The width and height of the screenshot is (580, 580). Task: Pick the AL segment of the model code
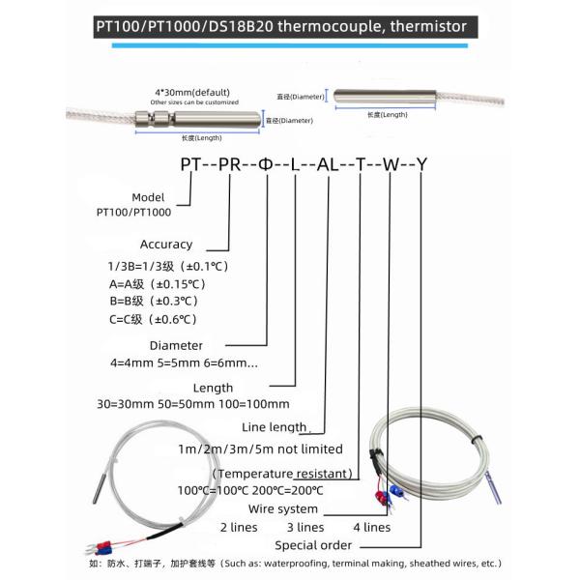(329, 164)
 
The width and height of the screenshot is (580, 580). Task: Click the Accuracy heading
(166, 245)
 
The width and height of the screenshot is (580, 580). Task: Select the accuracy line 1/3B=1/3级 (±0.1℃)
(168, 265)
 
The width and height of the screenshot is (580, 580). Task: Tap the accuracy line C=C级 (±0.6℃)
(154, 318)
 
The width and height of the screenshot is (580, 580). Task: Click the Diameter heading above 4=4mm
(176, 345)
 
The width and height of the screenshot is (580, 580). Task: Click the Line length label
(275, 426)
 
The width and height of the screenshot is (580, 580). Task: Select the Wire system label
(283, 508)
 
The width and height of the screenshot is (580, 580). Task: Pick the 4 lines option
(371, 528)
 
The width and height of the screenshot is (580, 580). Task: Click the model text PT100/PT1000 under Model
(134, 209)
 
